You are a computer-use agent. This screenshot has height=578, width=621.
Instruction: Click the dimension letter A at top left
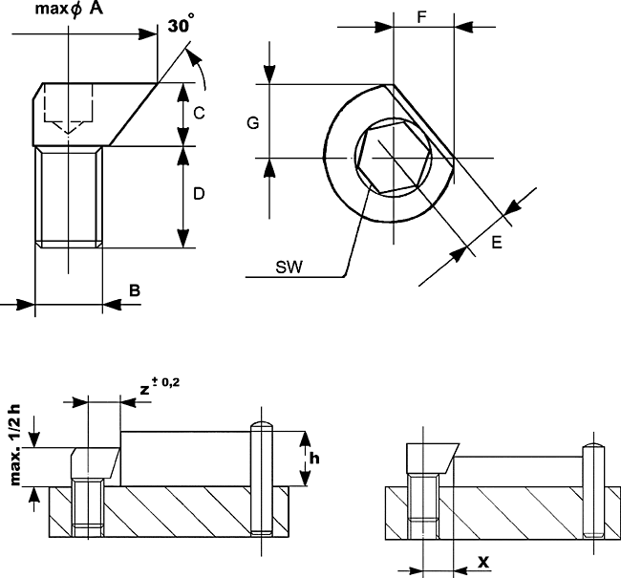click(x=96, y=10)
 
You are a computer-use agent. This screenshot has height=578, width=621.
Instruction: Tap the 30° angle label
click(x=181, y=26)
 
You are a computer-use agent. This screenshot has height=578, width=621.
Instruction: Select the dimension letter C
click(x=199, y=113)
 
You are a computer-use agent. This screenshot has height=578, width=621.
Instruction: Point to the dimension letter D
click(x=199, y=194)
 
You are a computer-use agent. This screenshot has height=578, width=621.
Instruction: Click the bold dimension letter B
click(x=135, y=289)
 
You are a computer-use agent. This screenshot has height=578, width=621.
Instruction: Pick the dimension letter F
click(x=422, y=17)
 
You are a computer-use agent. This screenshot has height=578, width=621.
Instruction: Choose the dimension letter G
click(x=252, y=123)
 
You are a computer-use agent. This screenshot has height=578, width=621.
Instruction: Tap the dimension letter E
click(x=496, y=244)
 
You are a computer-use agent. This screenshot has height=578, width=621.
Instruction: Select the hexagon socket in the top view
click(x=392, y=159)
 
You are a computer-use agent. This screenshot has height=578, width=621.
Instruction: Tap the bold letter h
click(x=314, y=458)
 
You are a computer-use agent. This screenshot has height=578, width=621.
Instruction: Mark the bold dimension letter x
click(x=484, y=562)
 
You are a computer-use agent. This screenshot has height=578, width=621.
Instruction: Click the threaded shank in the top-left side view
click(x=69, y=196)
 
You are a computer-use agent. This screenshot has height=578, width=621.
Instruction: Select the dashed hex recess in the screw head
click(x=66, y=110)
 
